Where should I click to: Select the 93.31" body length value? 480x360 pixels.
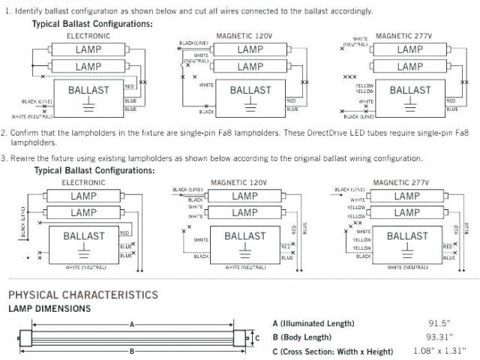(x=440, y=337)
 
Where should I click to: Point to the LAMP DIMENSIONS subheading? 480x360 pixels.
(x=49, y=308)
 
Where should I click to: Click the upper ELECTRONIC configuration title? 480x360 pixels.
(x=88, y=35)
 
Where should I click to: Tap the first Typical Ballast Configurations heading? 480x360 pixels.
(x=92, y=24)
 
